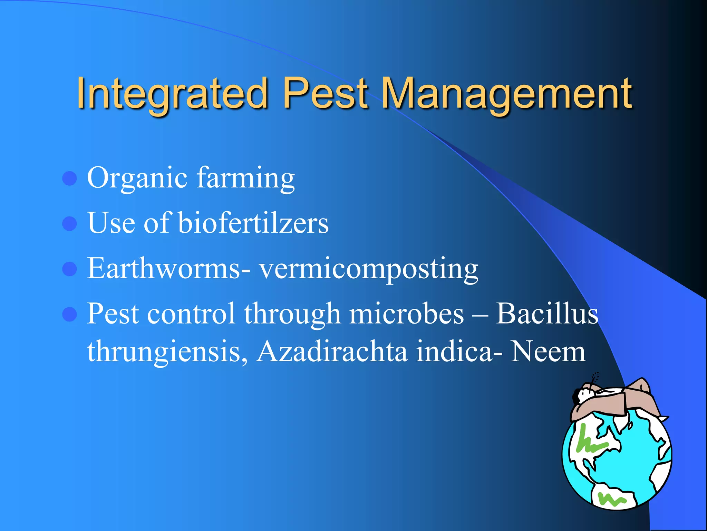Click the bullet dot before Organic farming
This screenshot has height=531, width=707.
[70, 178]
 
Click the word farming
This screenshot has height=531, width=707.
[246, 178]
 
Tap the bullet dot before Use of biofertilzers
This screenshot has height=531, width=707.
[70, 224]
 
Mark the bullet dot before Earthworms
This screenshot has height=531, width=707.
[70, 269]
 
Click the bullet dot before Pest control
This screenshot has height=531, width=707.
[70, 314]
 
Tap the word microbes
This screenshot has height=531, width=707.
[406, 314]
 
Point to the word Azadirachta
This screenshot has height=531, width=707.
[332, 351]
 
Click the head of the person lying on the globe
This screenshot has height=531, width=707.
[583, 394]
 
